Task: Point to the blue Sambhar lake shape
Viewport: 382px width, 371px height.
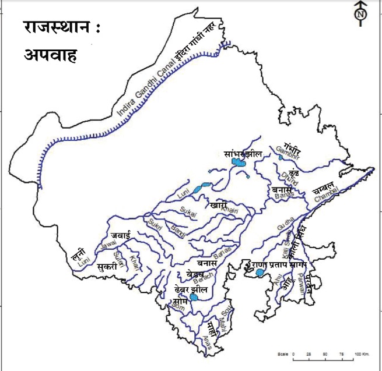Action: click(240, 168)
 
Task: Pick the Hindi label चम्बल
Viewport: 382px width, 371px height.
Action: click(323, 187)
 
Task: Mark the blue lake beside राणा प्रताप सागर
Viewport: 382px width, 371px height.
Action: click(260, 273)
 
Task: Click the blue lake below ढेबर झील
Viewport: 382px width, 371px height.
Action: click(194, 297)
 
